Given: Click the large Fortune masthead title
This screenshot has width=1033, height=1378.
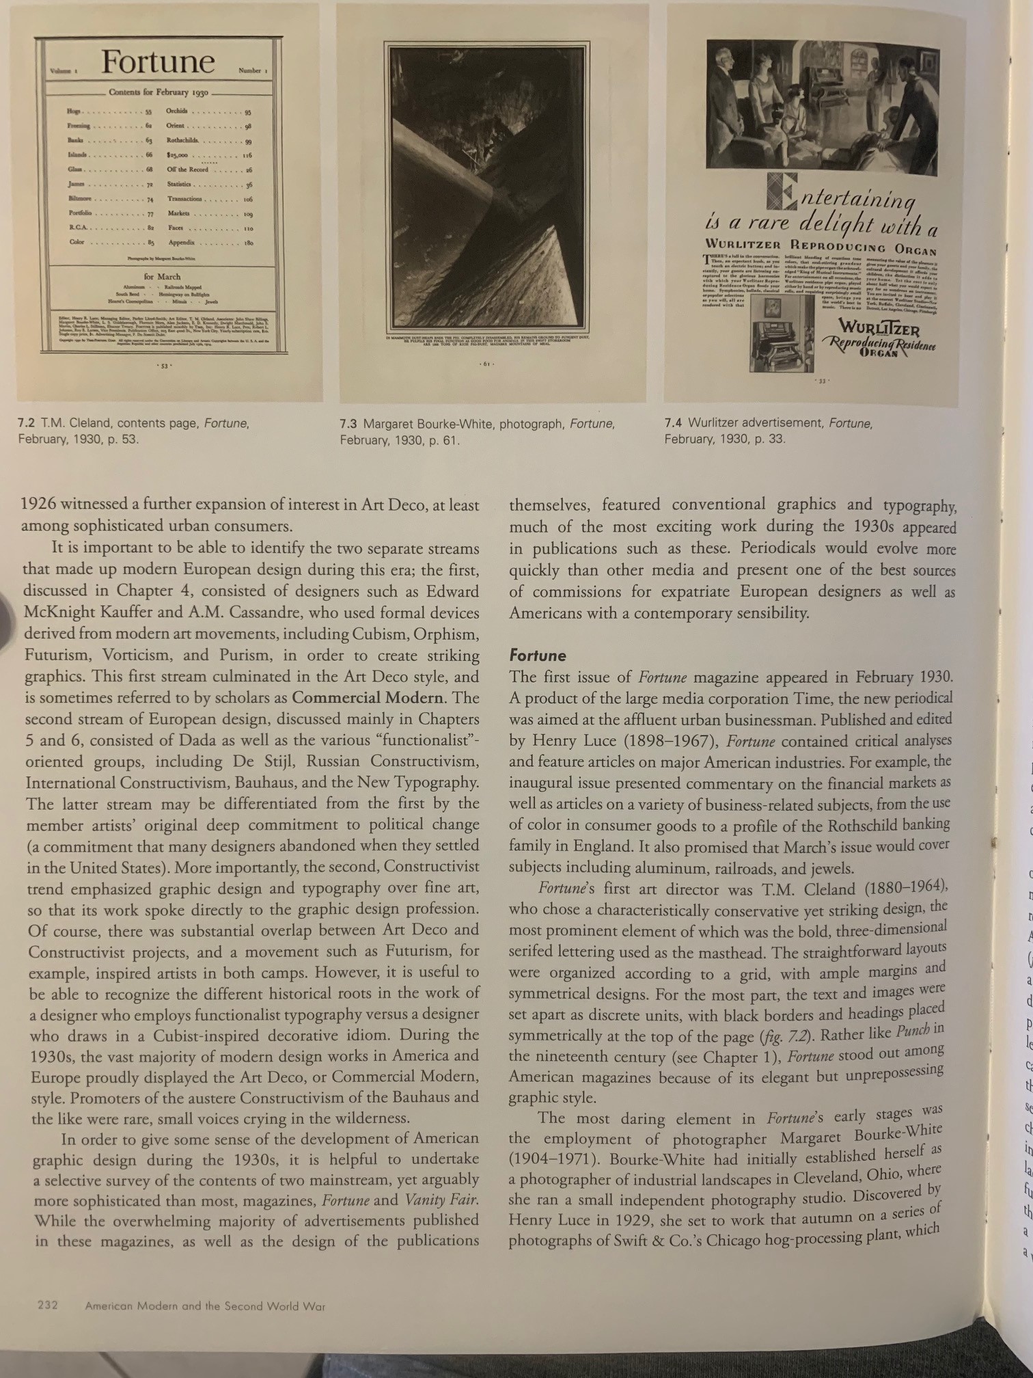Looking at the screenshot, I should coord(159,63).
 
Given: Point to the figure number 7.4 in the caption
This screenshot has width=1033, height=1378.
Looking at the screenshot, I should coord(674,423).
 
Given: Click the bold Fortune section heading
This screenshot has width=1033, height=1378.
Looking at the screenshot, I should coord(538,656).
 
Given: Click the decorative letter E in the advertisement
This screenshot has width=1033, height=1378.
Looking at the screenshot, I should coord(782,191).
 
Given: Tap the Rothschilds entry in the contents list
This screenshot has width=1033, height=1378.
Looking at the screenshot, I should coord(183,141).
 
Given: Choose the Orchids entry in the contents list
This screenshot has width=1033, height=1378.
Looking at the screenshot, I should coord(177,111).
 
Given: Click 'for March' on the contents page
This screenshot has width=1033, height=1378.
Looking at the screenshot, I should coord(162,277).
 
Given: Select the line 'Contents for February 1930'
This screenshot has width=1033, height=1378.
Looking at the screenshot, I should coord(159,92).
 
